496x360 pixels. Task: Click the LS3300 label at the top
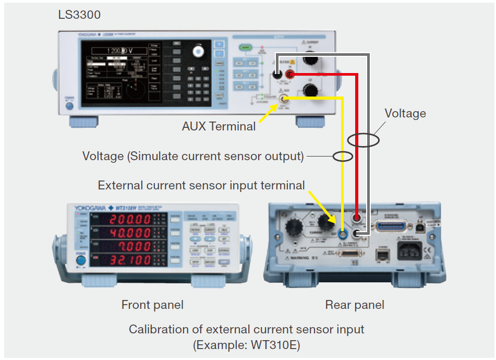(79, 14)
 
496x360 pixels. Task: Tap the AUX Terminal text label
(219, 126)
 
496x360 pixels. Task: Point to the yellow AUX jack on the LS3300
(284, 99)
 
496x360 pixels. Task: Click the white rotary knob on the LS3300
(198, 51)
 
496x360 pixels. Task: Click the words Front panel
(152, 305)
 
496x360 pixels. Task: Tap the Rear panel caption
(355, 305)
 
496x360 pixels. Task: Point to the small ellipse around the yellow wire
(343, 156)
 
